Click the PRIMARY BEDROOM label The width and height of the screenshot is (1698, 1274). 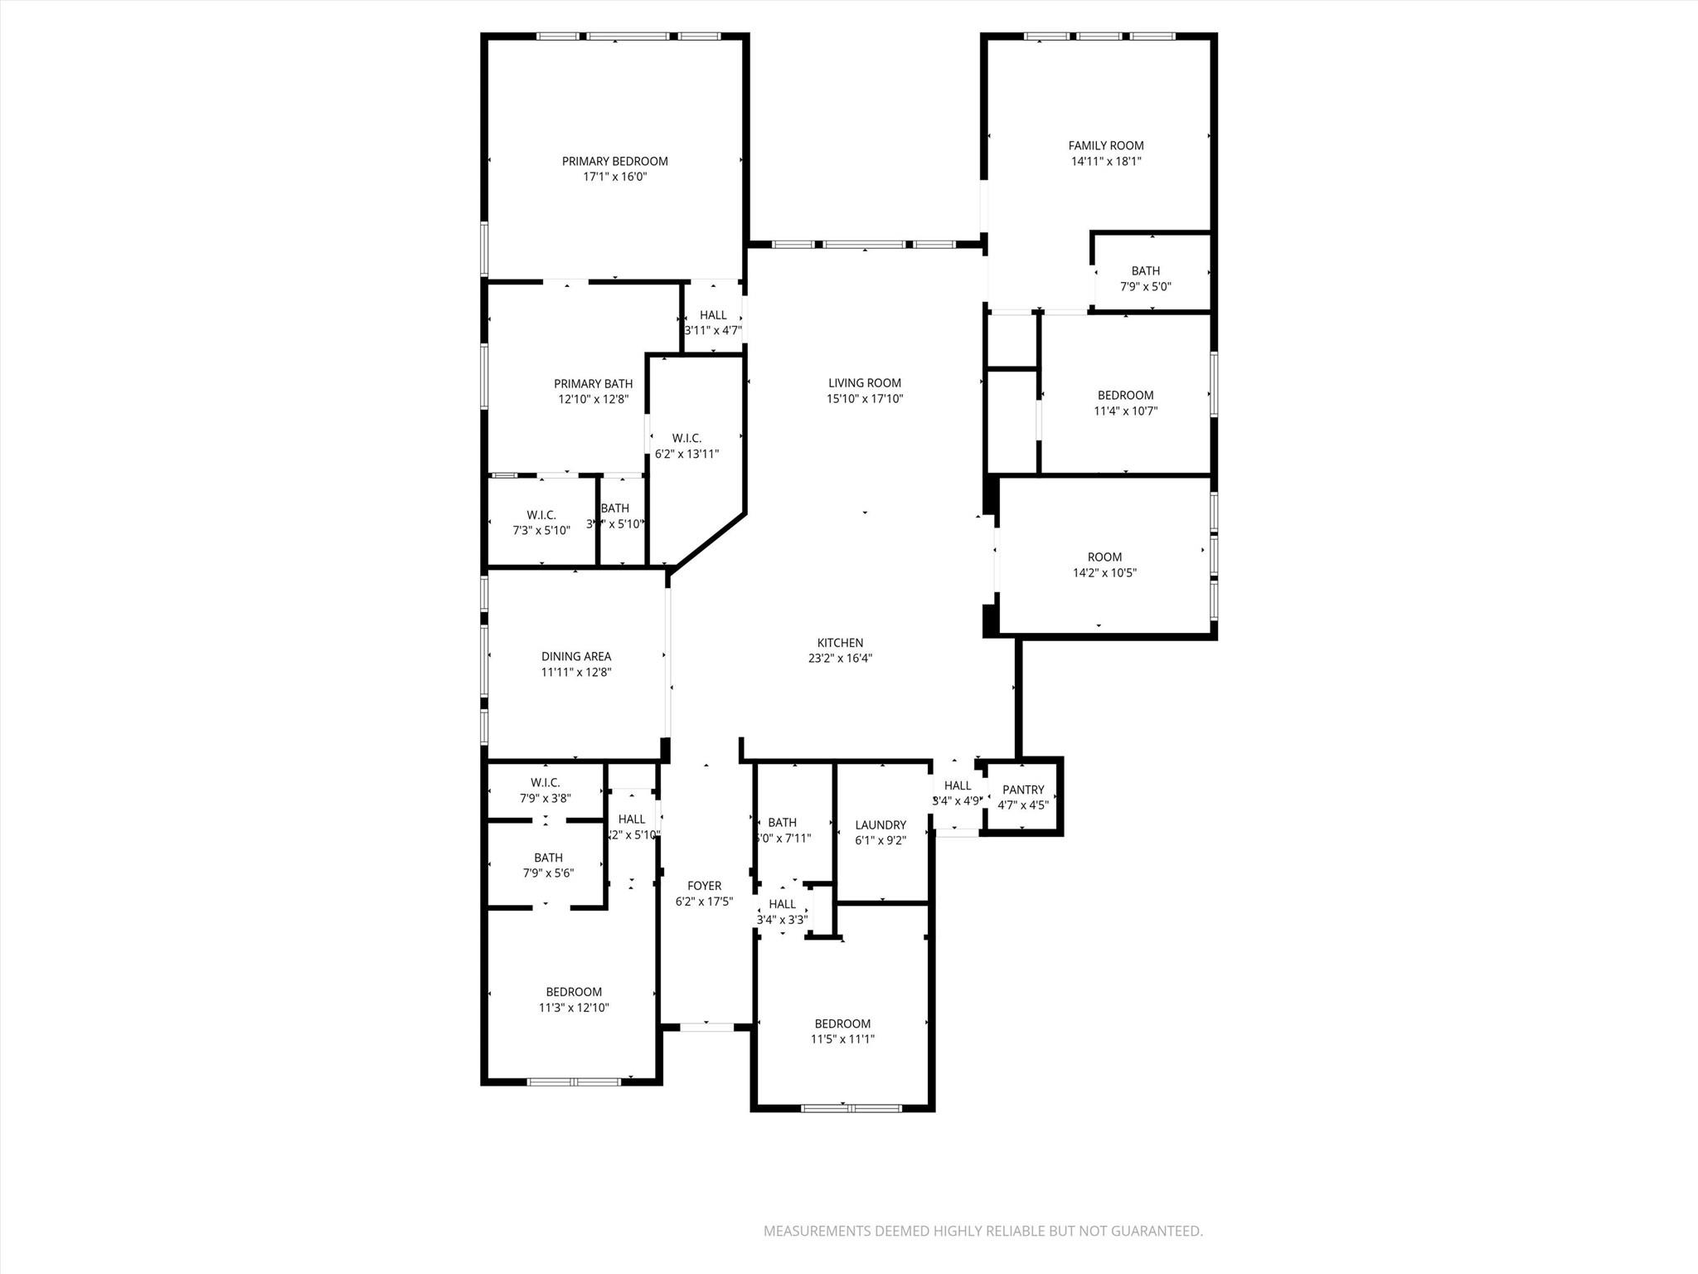(614, 161)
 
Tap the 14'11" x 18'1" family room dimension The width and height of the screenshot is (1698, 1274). (1106, 162)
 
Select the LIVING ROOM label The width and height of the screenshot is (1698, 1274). (864, 382)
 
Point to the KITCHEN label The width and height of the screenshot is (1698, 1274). (840, 643)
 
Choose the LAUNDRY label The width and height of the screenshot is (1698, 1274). (881, 824)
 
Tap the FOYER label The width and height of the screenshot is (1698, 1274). (704, 886)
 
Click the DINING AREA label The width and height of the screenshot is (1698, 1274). (576, 657)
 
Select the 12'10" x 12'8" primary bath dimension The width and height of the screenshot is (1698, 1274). (593, 399)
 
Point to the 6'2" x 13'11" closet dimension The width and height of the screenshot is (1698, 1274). (686, 455)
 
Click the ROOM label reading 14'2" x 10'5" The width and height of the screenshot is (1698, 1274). (1104, 557)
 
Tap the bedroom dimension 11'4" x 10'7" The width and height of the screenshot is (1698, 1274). (1125, 411)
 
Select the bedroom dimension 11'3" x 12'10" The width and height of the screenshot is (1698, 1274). (574, 1008)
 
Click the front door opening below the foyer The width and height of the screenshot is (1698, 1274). (706, 1027)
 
